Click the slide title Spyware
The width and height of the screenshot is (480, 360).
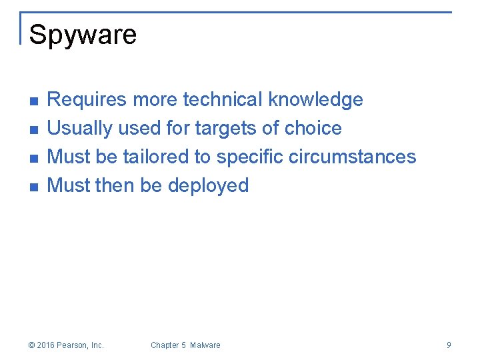pyautogui.click(x=83, y=35)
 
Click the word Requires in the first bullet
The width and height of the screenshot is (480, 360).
pyautogui.click(x=87, y=100)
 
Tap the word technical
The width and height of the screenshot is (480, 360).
pyautogui.click(x=223, y=100)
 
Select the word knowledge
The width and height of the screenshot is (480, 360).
pyautogui.click(x=315, y=100)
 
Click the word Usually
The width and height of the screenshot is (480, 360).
pyautogui.click(x=80, y=128)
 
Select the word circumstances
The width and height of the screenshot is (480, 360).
pyautogui.click(x=352, y=157)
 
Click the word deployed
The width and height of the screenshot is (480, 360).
pyautogui.click(x=208, y=185)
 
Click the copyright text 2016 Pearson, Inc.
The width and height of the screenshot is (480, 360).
pyautogui.click(x=67, y=345)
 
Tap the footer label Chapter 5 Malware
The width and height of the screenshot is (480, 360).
pyautogui.click(x=185, y=345)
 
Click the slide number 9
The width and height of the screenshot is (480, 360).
pyautogui.click(x=449, y=345)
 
